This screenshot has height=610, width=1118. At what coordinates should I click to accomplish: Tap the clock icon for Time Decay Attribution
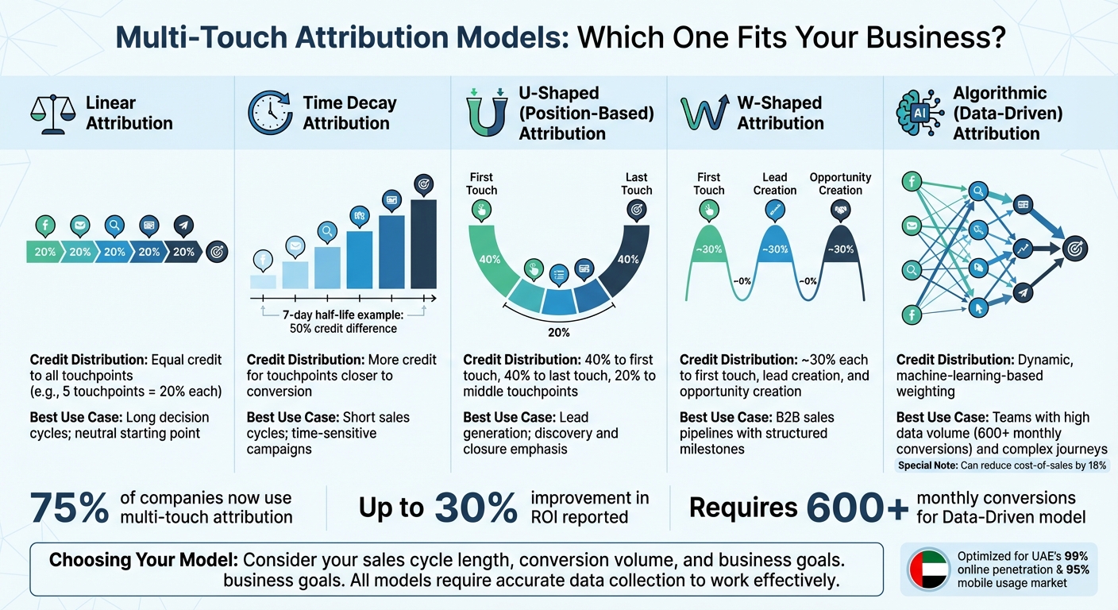point(270,113)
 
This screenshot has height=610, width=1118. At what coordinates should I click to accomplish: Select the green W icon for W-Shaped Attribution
point(705,113)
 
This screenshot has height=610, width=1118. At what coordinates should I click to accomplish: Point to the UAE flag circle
point(927,569)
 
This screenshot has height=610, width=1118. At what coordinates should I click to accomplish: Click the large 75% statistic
point(69,508)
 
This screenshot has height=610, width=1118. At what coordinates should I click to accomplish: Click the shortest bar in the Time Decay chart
point(263,281)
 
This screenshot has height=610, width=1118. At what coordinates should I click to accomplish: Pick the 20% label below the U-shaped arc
point(558,332)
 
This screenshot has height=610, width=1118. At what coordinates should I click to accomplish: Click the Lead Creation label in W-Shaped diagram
point(774,183)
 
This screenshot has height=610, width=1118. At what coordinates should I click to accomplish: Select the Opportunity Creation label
point(840,183)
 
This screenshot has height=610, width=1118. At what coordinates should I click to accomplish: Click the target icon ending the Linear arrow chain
point(217,252)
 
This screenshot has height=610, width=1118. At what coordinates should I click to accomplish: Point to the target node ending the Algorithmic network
point(1076,249)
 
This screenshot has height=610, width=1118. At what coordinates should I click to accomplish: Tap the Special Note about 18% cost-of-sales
point(1002,465)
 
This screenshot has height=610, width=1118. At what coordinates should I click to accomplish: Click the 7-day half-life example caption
point(344,322)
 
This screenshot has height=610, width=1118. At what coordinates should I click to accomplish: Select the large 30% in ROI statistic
point(476,508)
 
